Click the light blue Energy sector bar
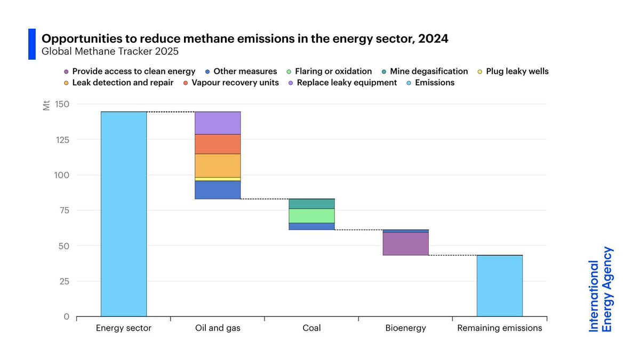tap(123, 213)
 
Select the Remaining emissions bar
tap(499, 285)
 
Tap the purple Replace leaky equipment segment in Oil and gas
tap(217, 123)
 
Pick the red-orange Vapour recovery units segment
tap(217, 143)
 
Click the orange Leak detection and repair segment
tap(217, 165)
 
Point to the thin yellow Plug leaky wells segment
tap(217, 179)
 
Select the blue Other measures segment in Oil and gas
tap(217, 190)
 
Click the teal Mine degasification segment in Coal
tap(311, 204)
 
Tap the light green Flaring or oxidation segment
tap(311, 215)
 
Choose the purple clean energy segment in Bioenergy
tap(405, 244)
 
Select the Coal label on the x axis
tap(311, 328)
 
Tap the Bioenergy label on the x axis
tap(405, 328)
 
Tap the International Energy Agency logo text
tap(601, 290)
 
